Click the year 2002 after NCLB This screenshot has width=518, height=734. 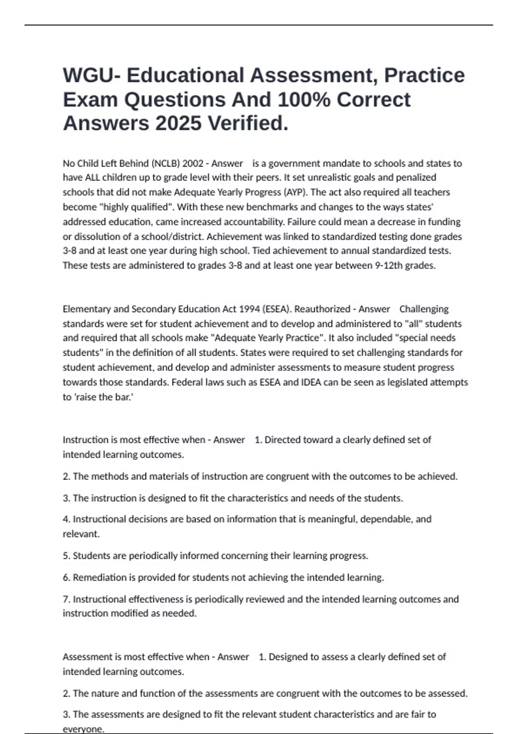point(193,164)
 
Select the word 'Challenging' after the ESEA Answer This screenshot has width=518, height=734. point(424,309)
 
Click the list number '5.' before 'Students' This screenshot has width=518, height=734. point(66,556)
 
